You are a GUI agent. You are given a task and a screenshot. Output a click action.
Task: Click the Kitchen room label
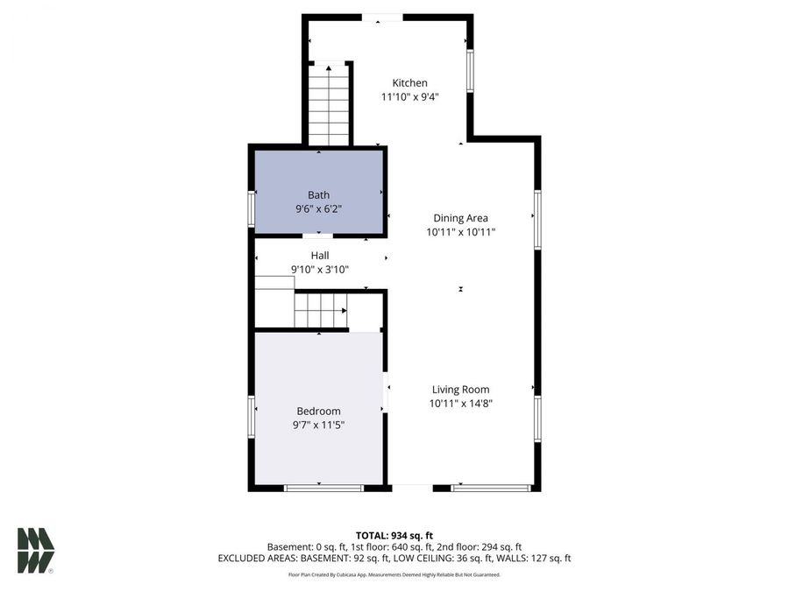(409, 83)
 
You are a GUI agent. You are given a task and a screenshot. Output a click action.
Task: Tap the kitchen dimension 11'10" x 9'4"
(409, 97)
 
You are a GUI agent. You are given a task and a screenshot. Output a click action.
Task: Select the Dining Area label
(460, 218)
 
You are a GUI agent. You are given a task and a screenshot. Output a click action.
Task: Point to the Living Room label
(460, 390)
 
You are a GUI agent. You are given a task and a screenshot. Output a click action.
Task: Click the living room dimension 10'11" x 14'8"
(460, 404)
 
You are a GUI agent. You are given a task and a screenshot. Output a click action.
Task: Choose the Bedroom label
(318, 411)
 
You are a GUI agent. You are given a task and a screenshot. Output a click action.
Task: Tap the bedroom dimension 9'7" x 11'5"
(318, 425)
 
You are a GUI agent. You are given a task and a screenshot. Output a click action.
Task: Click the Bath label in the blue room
(318, 194)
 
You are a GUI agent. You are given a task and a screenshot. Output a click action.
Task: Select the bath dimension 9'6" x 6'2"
(318, 209)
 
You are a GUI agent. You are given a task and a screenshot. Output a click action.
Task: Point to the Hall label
(319, 255)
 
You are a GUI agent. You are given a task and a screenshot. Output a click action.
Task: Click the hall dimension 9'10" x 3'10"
(319, 269)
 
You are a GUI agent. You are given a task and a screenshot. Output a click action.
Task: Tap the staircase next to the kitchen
(330, 104)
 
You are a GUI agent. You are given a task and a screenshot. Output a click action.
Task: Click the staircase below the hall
(320, 310)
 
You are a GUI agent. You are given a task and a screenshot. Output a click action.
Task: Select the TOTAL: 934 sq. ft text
(394, 535)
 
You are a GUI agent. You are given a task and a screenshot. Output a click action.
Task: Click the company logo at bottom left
(36, 551)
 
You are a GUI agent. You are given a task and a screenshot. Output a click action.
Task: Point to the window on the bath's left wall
(252, 210)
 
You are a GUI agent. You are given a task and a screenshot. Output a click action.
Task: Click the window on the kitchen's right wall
(470, 70)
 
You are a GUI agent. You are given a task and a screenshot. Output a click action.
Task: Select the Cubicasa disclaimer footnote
(394, 574)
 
